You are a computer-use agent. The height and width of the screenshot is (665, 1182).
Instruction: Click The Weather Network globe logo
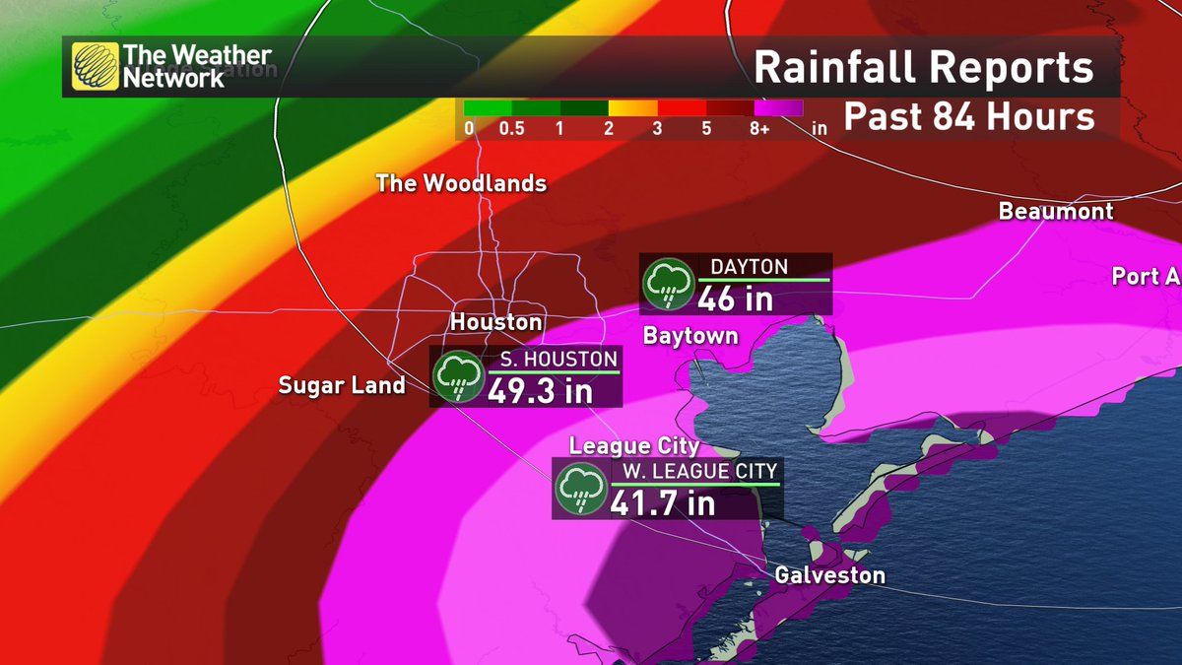click(96, 67)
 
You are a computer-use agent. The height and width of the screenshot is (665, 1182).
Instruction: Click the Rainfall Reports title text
click(924, 69)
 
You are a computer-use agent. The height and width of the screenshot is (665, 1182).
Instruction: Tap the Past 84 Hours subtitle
click(969, 117)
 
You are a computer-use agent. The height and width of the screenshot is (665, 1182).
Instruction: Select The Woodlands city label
click(461, 183)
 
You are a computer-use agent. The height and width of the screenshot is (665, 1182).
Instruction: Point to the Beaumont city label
click(1055, 211)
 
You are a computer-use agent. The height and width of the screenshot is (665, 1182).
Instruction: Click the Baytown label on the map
click(689, 336)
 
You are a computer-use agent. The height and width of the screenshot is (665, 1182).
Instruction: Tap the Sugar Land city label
click(342, 385)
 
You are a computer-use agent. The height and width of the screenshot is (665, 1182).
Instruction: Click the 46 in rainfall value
click(735, 299)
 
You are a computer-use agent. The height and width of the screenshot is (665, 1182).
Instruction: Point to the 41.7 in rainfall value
click(662, 503)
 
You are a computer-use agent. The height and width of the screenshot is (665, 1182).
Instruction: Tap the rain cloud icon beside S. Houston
click(458, 376)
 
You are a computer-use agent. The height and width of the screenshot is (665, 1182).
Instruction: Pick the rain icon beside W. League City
click(579, 489)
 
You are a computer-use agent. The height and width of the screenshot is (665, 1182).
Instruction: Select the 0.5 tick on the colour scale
click(511, 129)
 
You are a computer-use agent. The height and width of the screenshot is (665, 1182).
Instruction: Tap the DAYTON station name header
click(749, 267)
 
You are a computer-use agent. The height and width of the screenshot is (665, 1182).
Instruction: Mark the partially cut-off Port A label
click(1146, 276)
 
